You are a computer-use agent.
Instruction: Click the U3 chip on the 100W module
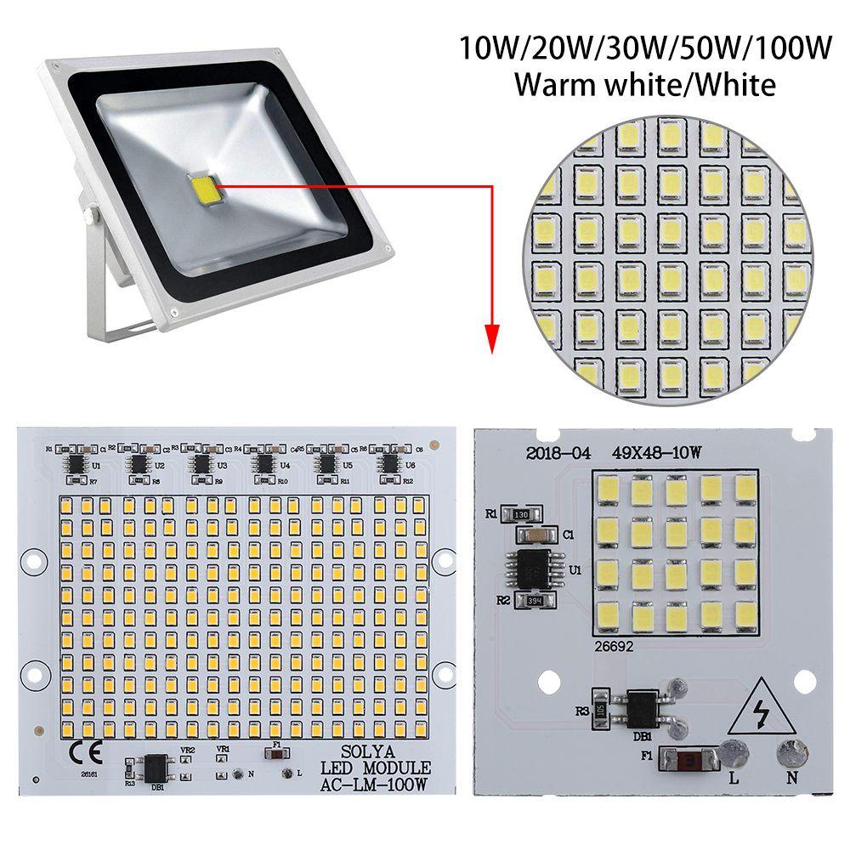201,463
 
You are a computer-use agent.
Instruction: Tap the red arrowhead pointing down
491,339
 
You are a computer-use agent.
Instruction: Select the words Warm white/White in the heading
644,85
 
